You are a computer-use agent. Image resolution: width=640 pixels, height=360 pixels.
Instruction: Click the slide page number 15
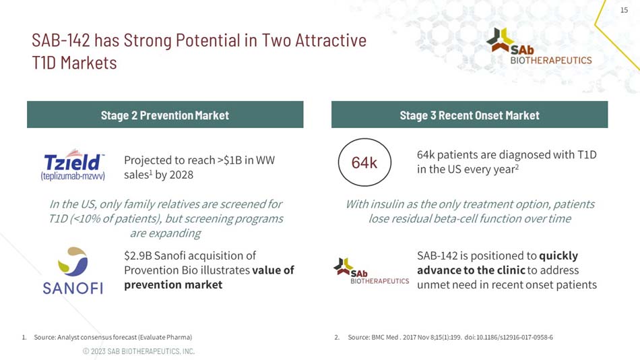click(x=623, y=10)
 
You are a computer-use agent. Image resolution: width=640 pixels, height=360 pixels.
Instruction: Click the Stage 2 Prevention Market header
click(x=165, y=115)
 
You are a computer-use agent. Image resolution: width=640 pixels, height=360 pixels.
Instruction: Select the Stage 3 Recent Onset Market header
click(x=470, y=115)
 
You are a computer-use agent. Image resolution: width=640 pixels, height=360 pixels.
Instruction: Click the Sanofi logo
click(x=73, y=270)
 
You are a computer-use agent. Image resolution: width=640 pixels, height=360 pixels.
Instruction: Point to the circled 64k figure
click(x=364, y=162)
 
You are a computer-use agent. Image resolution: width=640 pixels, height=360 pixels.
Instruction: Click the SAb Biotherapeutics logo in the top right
click(x=539, y=46)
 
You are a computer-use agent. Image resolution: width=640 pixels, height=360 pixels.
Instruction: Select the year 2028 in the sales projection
click(x=181, y=175)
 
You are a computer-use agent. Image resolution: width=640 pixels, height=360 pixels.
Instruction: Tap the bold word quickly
click(x=558, y=256)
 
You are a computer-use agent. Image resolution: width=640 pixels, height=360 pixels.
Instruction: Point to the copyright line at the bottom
click(x=138, y=351)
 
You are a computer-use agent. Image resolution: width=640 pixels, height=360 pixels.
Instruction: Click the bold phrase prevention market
click(x=173, y=284)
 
